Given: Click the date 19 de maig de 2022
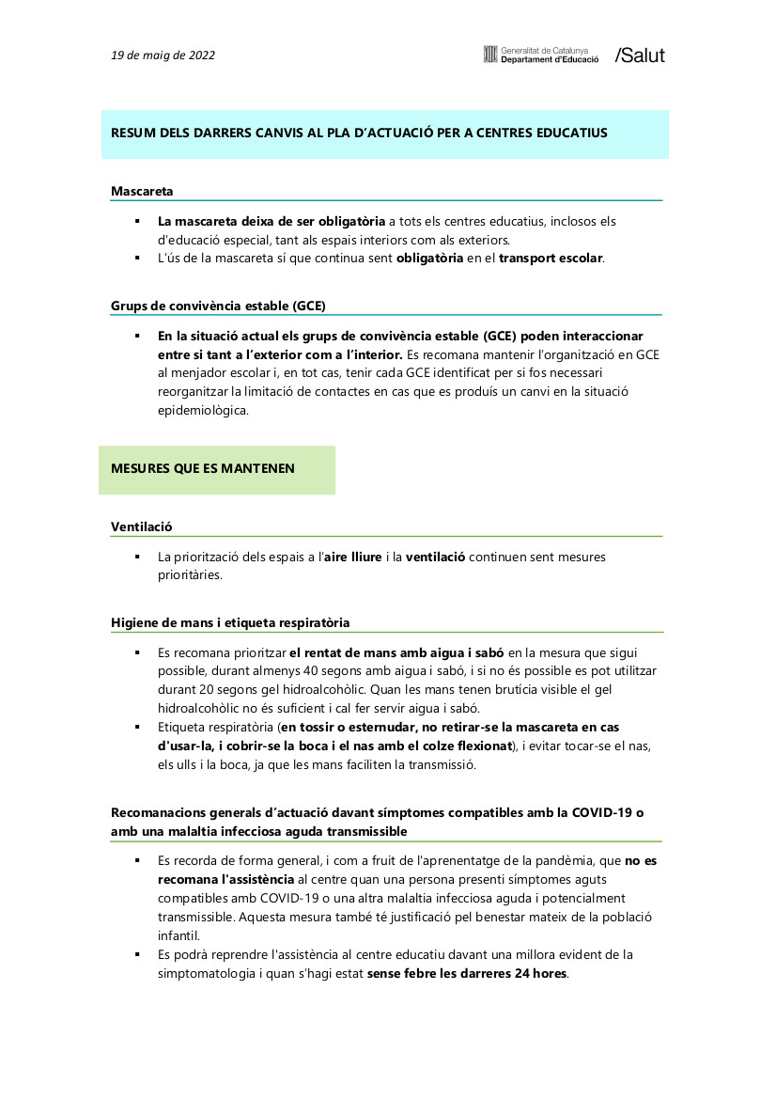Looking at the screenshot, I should (163, 55).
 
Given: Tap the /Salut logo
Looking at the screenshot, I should (639, 55).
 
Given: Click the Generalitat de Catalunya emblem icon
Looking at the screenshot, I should (489, 55).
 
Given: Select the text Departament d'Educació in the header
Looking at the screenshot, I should (550, 59).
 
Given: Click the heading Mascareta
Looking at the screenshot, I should (142, 191).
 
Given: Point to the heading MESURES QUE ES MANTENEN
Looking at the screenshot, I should (203, 468).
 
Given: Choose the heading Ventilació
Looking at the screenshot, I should (142, 526).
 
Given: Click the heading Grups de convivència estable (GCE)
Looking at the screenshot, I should (218, 306).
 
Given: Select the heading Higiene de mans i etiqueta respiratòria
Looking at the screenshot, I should (230, 622).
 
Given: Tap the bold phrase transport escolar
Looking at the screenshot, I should (551, 259).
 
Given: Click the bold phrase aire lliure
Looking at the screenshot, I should (352, 557).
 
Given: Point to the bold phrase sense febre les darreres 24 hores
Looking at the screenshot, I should (467, 973).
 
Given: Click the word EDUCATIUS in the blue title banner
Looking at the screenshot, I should (565, 133).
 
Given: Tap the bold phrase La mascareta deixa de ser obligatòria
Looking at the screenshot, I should (272, 221).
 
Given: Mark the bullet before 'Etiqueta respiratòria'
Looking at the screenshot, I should (137, 728).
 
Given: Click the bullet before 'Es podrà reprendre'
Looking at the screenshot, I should (137, 954).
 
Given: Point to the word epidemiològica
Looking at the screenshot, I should (203, 411).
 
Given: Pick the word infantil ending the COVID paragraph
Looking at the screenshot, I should (178, 935).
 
